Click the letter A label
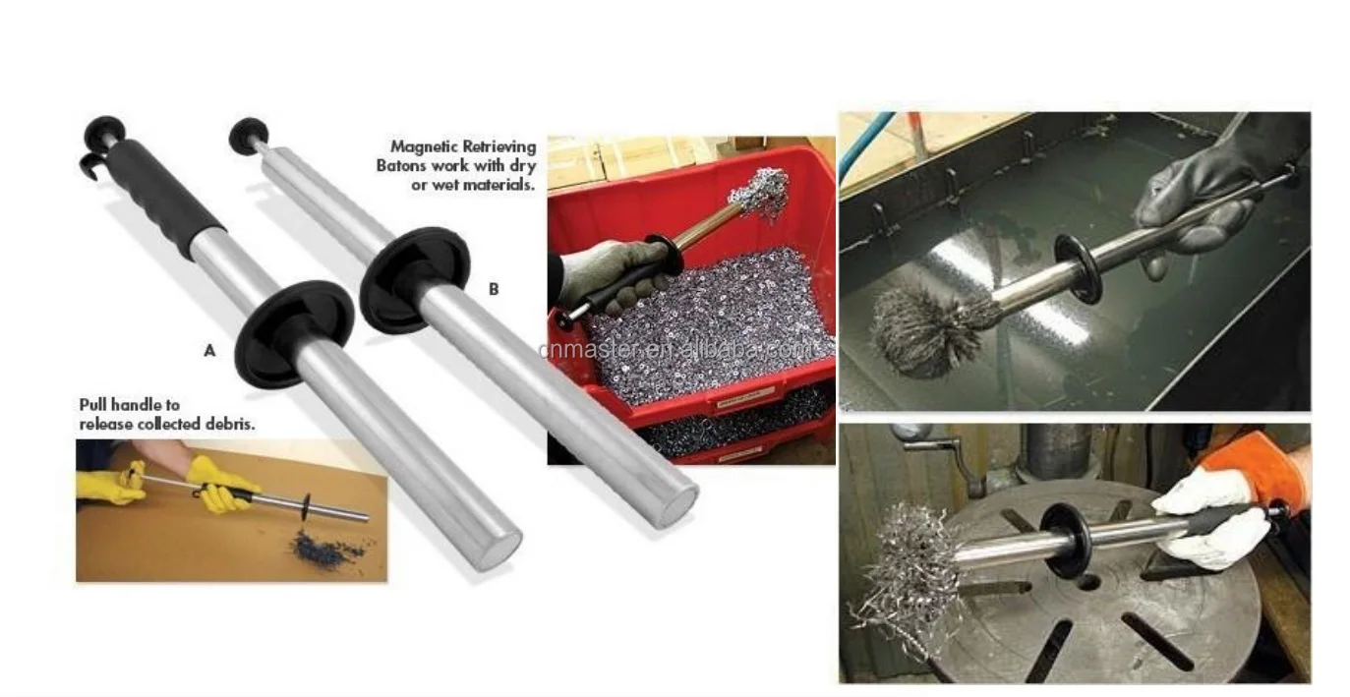[x=209, y=350]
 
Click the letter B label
[x=494, y=289]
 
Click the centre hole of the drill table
[x=1086, y=581]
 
